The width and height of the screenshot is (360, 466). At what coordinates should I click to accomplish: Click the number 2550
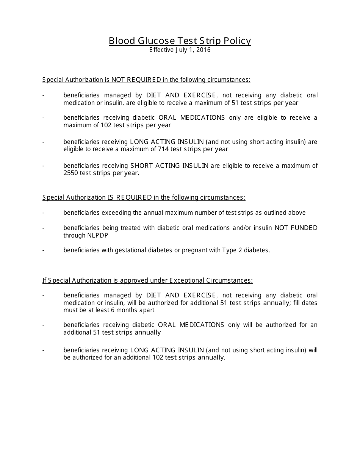coord(71,173)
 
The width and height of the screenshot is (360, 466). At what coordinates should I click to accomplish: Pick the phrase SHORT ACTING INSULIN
coord(169,166)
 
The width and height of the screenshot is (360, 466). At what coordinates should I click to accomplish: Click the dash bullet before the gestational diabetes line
coord(44,250)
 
